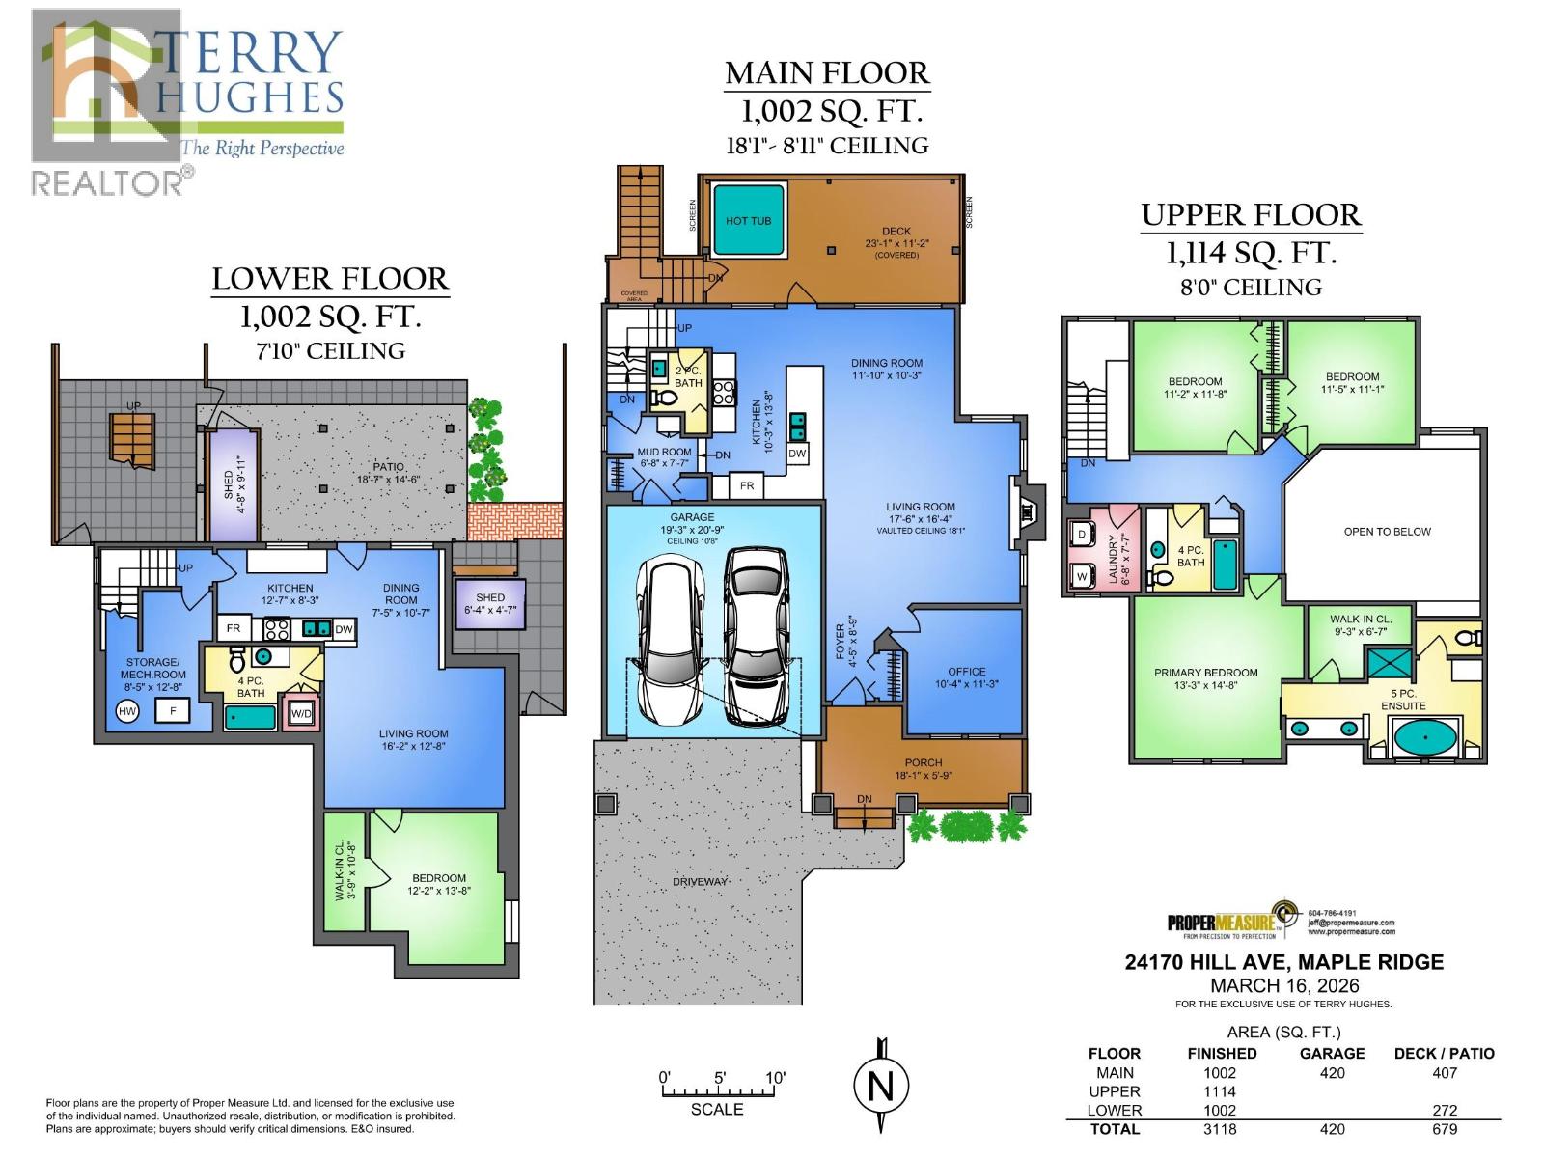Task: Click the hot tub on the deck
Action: click(x=749, y=221)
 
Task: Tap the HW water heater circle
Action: click(x=126, y=711)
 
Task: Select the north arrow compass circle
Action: click(x=881, y=1087)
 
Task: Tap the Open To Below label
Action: click(x=1387, y=532)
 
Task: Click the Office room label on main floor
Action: click(x=966, y=672)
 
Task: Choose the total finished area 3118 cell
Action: click(x=1220, y=1129)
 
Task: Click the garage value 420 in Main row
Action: click(x=1332, y=1073)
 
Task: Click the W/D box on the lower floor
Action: click(x=301, y=714)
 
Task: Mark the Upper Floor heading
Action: click(x=1251, y=215)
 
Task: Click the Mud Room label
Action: click(x=664, y=452)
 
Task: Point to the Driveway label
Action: click(x=701, y=882)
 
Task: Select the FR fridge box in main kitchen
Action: click(x=747, y=485)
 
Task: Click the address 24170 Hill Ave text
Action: click(x=1283, y=962)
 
